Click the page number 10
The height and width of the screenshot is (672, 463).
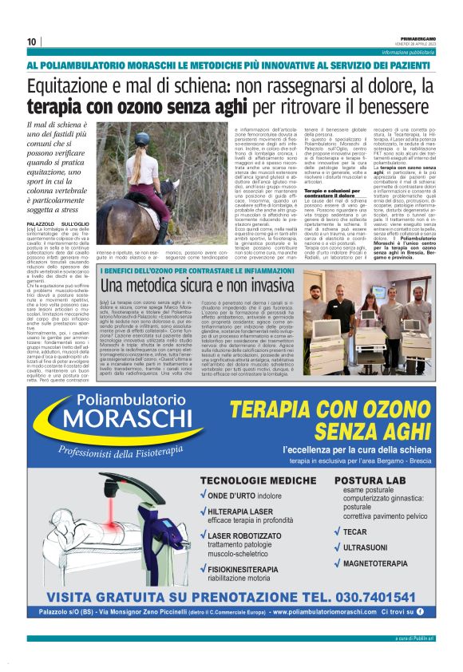point(31,42)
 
